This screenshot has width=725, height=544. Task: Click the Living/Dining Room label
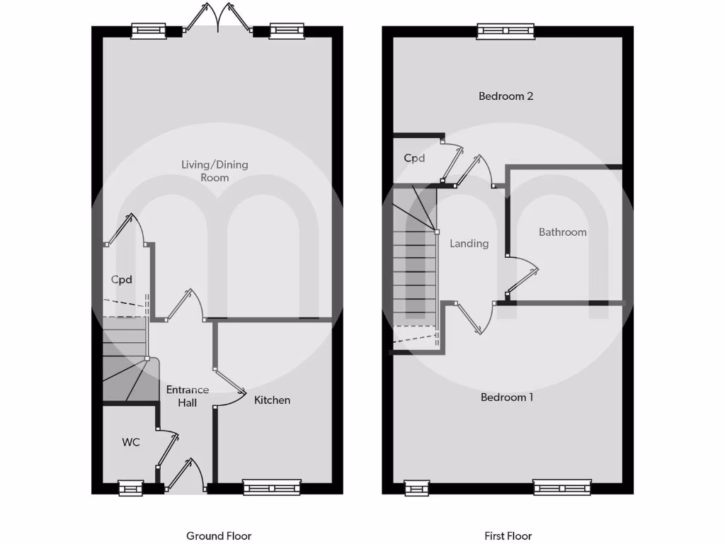[x=215, y=171]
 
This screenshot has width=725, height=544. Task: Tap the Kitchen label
[x=272, y=400]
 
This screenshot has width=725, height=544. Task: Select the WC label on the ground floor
[x=131, y=443]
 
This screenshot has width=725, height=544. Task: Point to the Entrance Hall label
[x=188, y=396]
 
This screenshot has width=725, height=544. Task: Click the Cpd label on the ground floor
[x=122, y=280]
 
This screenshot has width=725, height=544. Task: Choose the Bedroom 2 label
[x=506, y=96]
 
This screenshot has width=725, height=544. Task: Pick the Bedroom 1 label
[x=507, y=397]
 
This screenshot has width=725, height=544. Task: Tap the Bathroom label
[x=562, y=232]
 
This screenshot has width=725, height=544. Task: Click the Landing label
[x=469, y=244]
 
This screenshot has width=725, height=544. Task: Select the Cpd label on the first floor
[x=414, y=159]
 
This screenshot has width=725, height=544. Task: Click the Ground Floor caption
[x=219, y=536]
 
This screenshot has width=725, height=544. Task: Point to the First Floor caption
[x=508, y=536]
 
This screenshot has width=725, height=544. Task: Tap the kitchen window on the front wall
[x=271, y=487]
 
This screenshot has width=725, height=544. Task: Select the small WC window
[x=130, y=487]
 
